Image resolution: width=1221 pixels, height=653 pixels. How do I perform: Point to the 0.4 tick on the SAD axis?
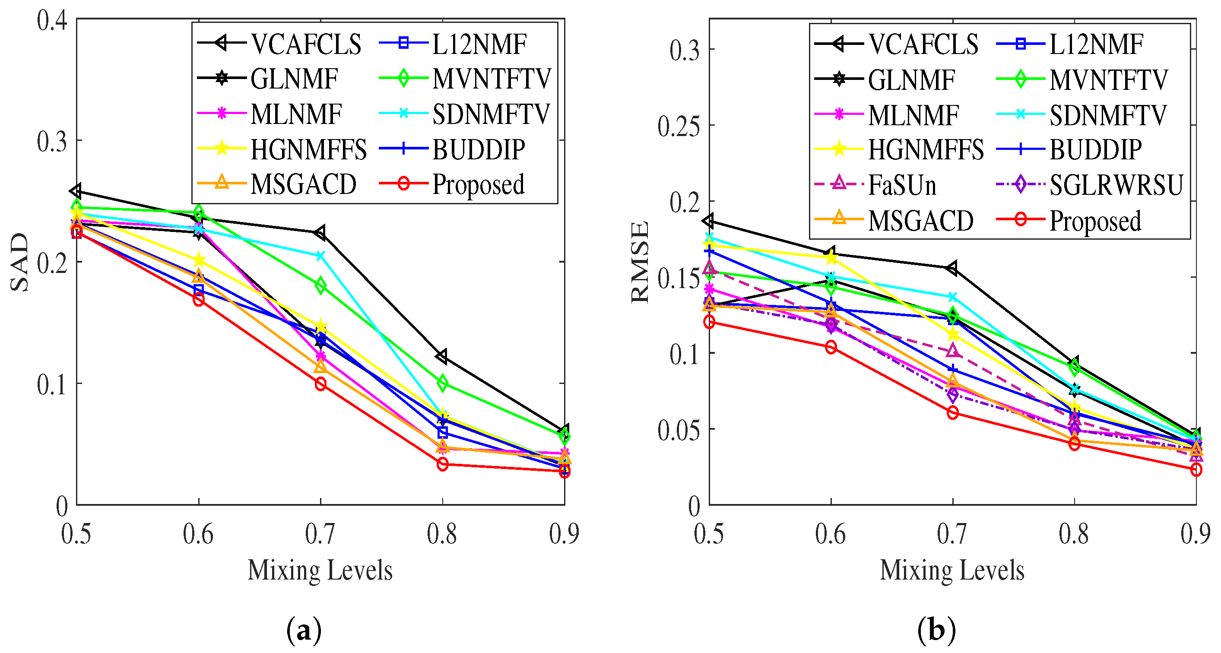(x=52, y=21)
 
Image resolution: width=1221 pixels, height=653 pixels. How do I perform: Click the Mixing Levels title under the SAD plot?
(x=320, y=570)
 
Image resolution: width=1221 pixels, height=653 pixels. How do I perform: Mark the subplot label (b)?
(x=936, y=631)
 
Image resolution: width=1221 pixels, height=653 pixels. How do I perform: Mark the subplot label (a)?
(x=304, y=631)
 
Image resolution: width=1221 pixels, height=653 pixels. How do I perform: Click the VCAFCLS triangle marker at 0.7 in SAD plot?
(x=320, y=232)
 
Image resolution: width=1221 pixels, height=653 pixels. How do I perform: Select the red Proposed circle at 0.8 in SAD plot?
(x=443, y=464)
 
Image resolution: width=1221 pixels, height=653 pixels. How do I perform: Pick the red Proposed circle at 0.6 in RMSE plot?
(x=831, y=347)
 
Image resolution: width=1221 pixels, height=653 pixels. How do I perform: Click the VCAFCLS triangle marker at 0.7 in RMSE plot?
(x=952, y=268)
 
